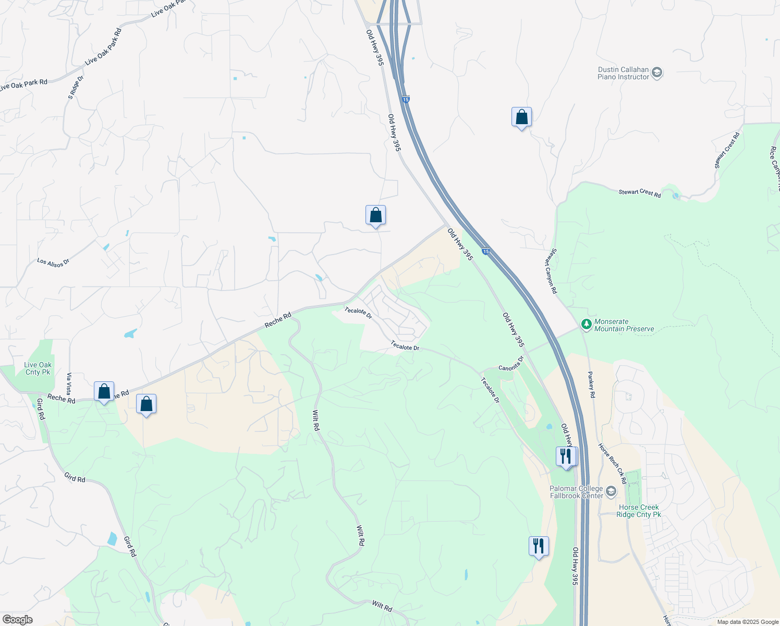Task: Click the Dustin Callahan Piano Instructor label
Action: coord(623,73)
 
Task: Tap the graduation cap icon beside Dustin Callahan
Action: coord(657,73)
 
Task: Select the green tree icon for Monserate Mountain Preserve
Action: coord(587,325)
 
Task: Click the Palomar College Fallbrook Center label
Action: coord(576,492)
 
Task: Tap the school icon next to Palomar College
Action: coord(611,492)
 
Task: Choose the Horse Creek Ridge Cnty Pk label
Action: coord(639,511)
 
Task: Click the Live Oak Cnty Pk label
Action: coord(38,368)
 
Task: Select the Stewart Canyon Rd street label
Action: coord(552,271)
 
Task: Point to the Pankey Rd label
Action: coord(592,384)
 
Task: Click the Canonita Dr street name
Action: coord(511,364)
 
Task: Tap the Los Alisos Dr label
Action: coord(53,262)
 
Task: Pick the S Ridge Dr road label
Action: coord(76,87)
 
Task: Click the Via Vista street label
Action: coord(69,384)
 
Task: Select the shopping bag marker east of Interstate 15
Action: coord(521,118)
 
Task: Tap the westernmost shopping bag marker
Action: coord(104,392)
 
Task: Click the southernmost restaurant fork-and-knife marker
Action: coord(538,547)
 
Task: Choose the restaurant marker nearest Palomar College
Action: coord(566,457)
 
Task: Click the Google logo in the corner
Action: coord(17,619)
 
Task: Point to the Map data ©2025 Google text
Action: coord(748,622)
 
